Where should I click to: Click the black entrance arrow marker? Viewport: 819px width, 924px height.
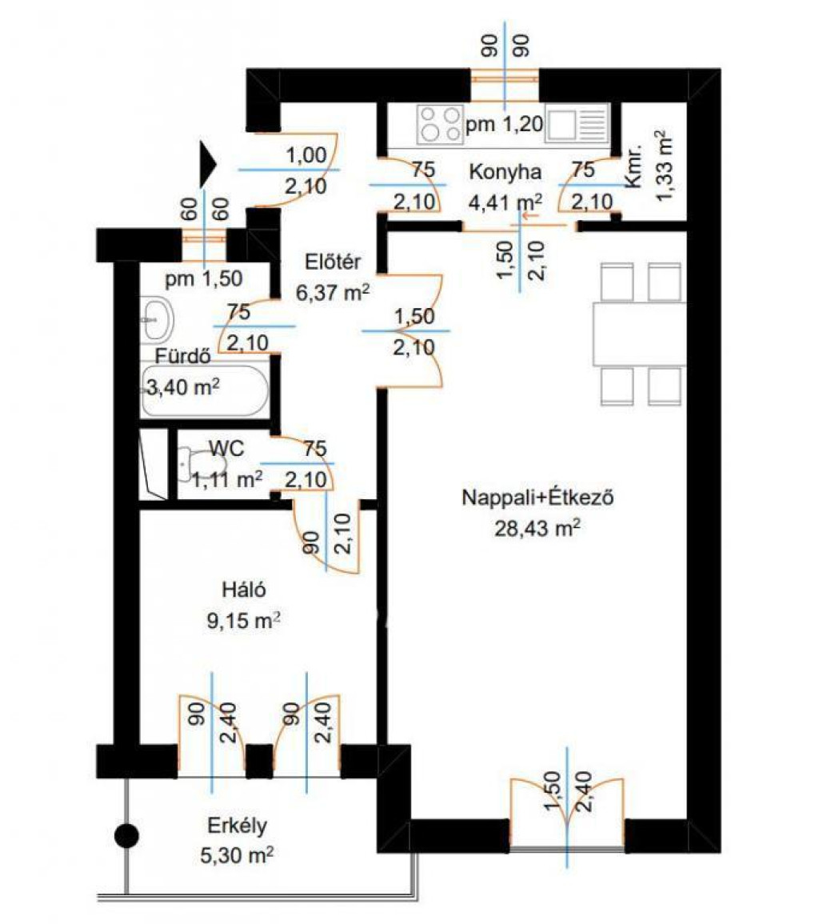(207, 165)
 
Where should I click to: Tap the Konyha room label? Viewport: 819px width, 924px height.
(505, 172)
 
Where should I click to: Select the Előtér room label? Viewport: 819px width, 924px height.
(333, 262)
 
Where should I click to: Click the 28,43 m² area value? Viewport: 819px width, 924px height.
(537, 528)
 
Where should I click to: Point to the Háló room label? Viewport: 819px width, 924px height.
(243, 590)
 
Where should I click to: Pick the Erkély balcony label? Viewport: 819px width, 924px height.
(237, 826)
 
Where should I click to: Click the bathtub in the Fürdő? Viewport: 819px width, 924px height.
(205, 392)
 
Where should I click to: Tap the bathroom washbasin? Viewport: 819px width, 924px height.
(157, 319)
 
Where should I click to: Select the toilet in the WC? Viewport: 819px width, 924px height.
(194, 463)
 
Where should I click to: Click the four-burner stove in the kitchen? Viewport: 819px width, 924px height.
(440, 124)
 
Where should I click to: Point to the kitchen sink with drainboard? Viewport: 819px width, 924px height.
(576, 124)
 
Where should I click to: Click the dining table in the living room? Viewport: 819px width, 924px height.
(639, 334)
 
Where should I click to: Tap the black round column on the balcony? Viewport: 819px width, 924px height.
(126, 836)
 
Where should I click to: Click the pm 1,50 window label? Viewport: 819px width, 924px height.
(203, 278)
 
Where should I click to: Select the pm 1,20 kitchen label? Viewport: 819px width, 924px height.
(504, 124)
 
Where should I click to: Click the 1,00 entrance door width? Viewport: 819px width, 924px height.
(306, 155)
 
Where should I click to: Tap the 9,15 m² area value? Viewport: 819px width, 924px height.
(243, 621)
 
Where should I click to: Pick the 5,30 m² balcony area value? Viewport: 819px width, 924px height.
(236, 855)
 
